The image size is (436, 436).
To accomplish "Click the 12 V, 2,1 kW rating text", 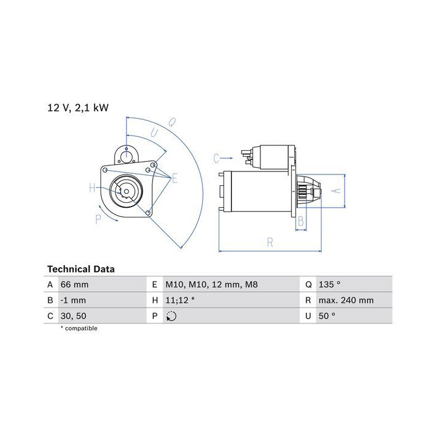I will point(78,108).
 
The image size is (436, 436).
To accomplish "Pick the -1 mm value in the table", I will point(73,300).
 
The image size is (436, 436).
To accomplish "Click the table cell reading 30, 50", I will point(73,315).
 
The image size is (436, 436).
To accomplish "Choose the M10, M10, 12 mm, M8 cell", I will point(203,284).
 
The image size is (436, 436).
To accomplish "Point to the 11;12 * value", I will point(180,300).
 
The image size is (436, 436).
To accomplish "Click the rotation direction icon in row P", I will point(171,315).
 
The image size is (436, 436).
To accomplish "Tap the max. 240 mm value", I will point(345,300).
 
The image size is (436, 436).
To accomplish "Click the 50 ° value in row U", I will point(326,315).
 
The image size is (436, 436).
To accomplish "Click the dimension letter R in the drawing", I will point(270,243).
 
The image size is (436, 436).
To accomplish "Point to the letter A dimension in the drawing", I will point(337,191).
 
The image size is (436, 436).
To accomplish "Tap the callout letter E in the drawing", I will point(174,178).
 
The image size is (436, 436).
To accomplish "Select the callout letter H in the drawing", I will point(93,188).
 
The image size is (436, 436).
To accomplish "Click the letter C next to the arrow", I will point(216,159).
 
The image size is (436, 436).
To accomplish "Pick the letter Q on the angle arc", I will point(171,122).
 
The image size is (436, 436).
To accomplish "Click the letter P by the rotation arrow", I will point(98,219).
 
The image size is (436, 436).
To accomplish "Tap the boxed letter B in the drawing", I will point(301,222).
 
